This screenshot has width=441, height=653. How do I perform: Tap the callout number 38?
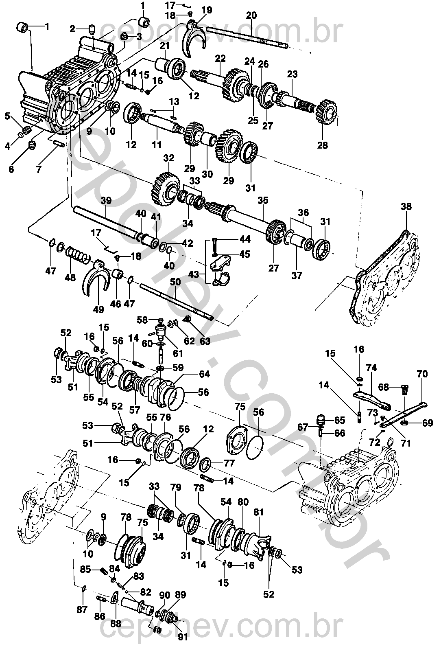pos(406,206)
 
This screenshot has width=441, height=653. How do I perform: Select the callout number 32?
pos(168,158)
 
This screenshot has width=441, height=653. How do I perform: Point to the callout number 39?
pos(106,201)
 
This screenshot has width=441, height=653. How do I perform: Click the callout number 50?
pos(175,281)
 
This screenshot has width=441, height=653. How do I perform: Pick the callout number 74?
pos(371,368)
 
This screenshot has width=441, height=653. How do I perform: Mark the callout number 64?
pos(204,373)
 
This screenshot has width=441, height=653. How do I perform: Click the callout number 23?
pos(292,74)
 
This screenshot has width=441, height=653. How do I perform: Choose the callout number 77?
pos(229,463)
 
